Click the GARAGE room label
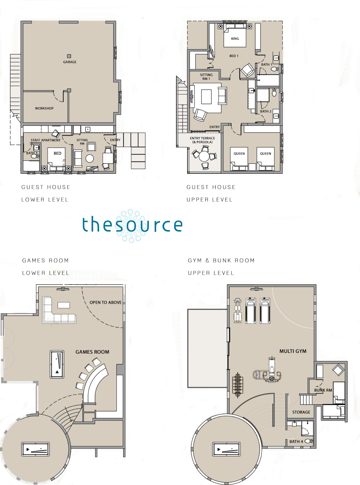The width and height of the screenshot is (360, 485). coord(70,62)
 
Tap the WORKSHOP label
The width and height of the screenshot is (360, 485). coord(44,108)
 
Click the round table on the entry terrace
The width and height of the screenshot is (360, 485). coord(204,156)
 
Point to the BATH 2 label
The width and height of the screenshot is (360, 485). coord(266,111)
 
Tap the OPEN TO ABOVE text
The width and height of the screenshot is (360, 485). coord(106,303)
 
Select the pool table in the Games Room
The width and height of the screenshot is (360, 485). coord(57,364)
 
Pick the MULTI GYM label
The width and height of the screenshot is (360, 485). coord(293,351)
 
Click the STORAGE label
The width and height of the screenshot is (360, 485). coord(301,412)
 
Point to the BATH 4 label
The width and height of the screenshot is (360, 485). coord(296,441)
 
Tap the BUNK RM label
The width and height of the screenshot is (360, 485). coord(323,390)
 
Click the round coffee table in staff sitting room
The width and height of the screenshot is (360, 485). coord(89,159)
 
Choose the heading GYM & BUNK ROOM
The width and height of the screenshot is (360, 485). coord(221,260)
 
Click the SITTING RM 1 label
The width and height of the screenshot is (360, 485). coord(206,77)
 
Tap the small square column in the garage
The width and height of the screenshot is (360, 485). coord(69,56)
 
